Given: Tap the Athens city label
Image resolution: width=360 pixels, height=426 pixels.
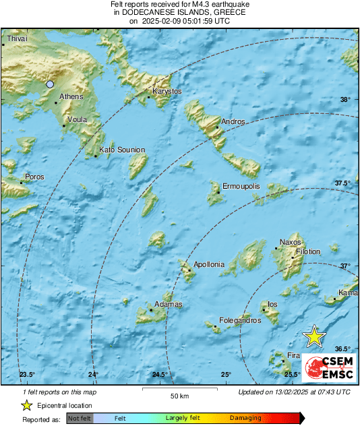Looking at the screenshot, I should pyautogui.click(x=71, y=97).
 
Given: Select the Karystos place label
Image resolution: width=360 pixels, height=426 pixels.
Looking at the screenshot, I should pyautogui.click(x=168, y=91).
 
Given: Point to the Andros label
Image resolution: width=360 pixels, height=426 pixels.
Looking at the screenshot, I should pyautogui.click(x=233, y=122).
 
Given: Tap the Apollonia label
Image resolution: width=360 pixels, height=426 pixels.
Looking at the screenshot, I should pyautogui.click(x=208, y=265).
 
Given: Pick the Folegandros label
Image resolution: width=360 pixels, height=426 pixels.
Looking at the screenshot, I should pyautogui.click(x=239, y=321).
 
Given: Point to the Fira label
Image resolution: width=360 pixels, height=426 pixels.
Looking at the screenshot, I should pyautogui.click(x=293, y=355).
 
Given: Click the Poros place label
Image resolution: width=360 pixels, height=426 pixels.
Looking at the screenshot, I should pyautogui.click(x=34, y=177).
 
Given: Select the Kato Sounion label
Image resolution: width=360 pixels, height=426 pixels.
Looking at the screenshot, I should pyautogui.click(x=121, y=150).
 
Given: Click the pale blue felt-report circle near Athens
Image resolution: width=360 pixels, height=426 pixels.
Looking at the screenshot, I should pyautogui.click(x=50, y=84).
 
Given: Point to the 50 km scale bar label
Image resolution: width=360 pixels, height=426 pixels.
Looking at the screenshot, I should pyautogui.click(x=178, y=396).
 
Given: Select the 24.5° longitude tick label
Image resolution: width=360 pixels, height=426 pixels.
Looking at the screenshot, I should pyautogui.click(x=159, y=375).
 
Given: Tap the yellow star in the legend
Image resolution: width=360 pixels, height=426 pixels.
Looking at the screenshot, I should pyautogui.click(x=27, y=405).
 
